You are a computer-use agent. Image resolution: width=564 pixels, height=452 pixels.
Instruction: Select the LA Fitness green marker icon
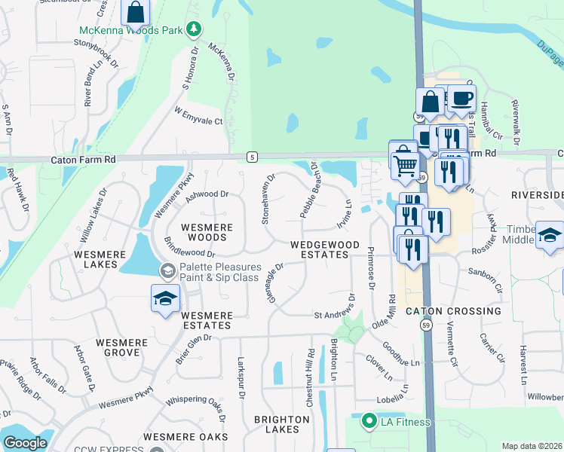tap(369, 420)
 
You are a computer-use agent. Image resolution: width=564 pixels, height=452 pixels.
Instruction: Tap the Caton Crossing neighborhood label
tap(453, 311)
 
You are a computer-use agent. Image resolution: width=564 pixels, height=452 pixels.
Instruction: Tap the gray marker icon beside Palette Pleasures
tap(166, 270)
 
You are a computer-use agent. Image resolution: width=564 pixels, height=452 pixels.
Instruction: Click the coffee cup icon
tap(461, 98)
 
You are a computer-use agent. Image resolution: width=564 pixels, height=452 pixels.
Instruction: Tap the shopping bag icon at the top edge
tap(136, 12)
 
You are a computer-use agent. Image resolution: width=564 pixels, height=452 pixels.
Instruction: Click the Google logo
tap(25, 443)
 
